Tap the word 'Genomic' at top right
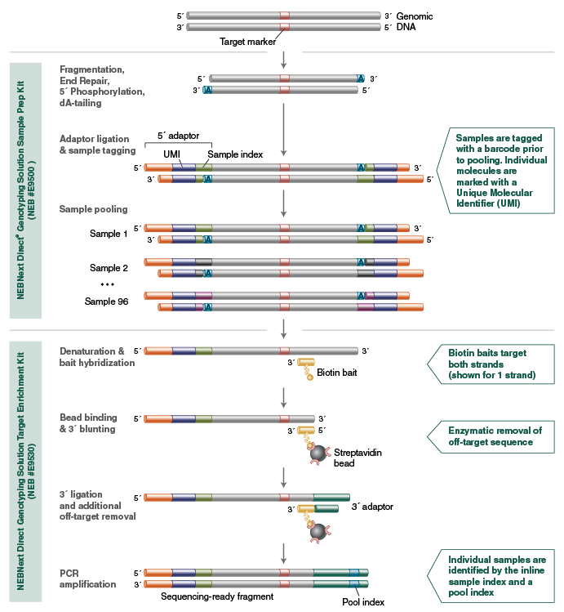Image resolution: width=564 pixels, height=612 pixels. click(x=415, y=16)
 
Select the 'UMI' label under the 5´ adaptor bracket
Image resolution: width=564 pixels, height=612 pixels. click(x=172, y=154)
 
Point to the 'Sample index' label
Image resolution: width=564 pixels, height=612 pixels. click(x=235, y=154)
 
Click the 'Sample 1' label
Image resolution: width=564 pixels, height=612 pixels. click(x=109, y=235)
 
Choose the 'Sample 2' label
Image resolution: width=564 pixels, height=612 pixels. click(x=109, y=268)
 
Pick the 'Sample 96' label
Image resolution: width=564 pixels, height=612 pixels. click(x=106, y=302)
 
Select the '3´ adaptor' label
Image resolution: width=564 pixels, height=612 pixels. click(x=372, y=507)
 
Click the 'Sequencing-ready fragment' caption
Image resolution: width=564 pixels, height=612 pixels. click(x=216, y=596)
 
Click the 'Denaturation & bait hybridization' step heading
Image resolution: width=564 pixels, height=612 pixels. click(x=97, y=356)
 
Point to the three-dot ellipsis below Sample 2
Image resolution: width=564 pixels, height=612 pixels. click(x=107, y=284)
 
